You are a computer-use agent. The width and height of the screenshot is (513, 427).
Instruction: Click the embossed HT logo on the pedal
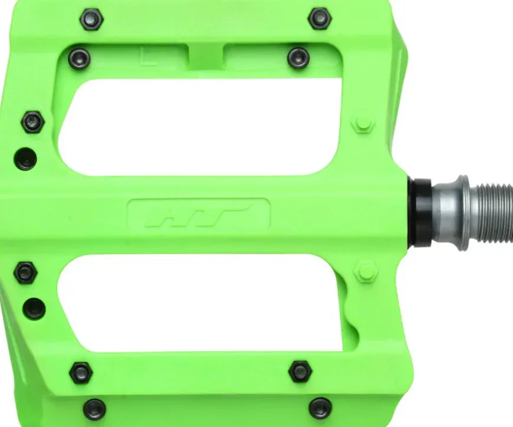coord(198,215)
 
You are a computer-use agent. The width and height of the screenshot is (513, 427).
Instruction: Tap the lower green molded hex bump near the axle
coord(366,271)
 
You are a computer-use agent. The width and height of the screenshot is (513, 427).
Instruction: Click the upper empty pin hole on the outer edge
coord(25,159)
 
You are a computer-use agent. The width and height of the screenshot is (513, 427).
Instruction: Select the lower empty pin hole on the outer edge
coord(34,309)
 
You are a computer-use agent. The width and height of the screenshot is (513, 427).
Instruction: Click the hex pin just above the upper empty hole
coord(33,122)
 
